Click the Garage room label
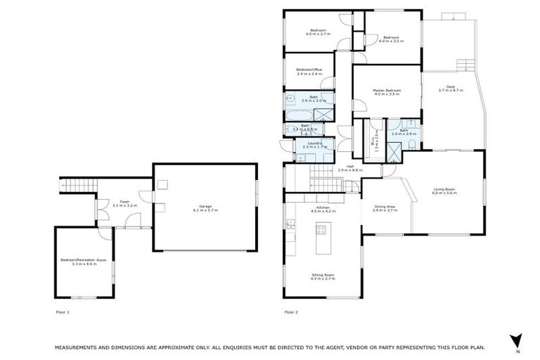pos(205,207)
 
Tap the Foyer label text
pos(124,202)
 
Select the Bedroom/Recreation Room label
pos(84,259)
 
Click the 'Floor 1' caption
pos(63,311)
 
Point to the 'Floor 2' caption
pos(291,311)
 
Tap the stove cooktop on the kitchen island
pos(322,229)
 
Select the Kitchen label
pos(323,207)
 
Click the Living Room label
pos(445,190)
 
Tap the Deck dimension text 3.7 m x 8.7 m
pos(451,91)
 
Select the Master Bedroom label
pos(387,90)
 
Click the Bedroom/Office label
pos(309,70)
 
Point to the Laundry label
pos(315,143)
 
